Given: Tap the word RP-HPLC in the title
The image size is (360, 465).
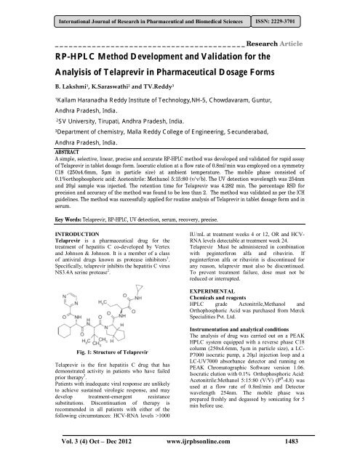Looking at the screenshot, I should [81, 58].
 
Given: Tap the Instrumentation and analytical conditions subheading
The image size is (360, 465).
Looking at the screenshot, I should [252, 350].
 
